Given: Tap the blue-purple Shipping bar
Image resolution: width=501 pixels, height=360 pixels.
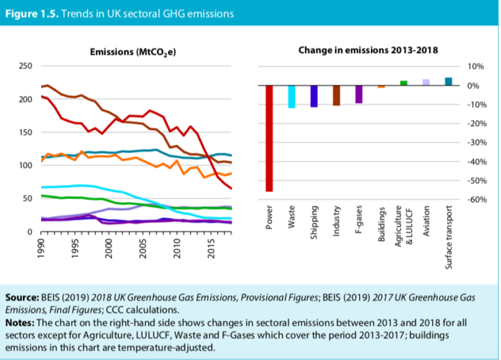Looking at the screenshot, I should (314, 96).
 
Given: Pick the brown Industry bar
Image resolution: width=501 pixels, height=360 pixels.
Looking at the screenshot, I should (336, 95).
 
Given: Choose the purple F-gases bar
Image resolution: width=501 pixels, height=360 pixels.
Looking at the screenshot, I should (359, 94).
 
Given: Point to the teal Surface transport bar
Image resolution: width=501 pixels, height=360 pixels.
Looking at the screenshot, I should (448, 81).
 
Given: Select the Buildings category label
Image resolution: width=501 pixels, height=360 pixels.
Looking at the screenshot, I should (381, 222).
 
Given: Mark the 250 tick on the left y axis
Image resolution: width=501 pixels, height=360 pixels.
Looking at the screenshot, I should (25, 66).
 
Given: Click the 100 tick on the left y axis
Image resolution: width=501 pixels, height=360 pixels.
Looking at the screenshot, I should (25, 166).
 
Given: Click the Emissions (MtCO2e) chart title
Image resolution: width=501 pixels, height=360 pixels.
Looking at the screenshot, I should (132, 52).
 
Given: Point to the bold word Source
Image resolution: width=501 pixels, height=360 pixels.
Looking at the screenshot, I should (23, 297).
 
